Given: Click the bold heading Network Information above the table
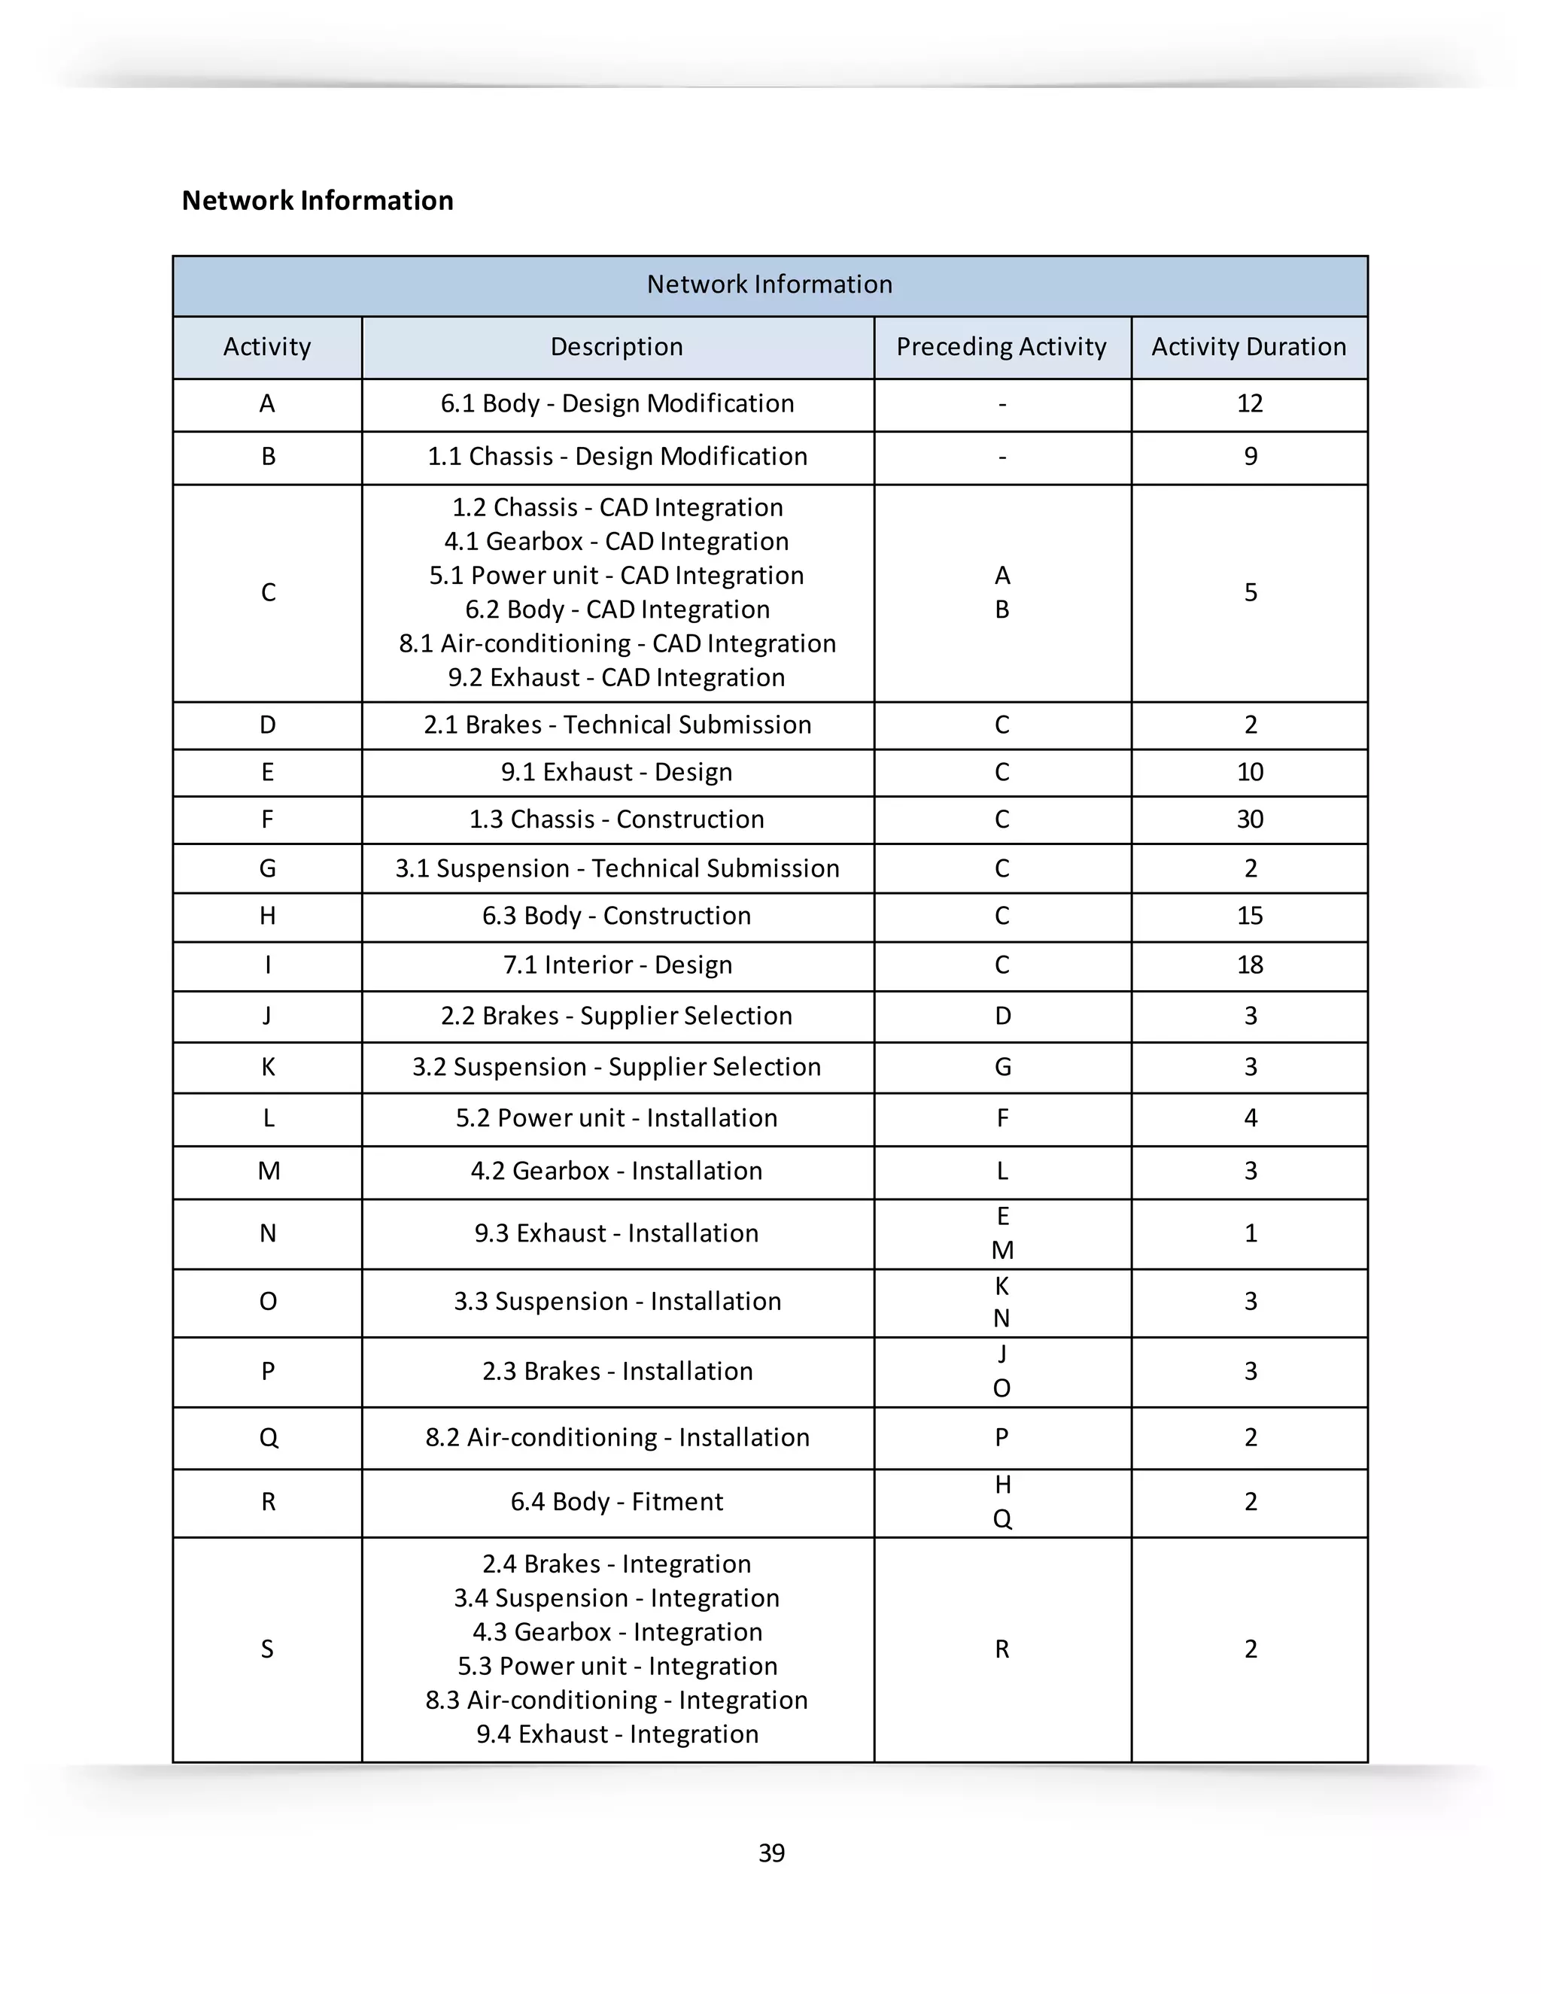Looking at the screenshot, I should pyautogui.click(x=317, y=200).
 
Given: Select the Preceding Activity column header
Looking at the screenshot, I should pyautogui.click(x=1001, y=347).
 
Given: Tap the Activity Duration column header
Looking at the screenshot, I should pyautogui.click(x=1248, y=347).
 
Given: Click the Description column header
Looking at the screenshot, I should pyautogui.click(x=616, y=347).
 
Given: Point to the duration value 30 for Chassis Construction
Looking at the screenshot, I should pyautogui.click(x=1249, y=819).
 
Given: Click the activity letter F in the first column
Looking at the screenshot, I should pyautogui.click(x=267, y=819).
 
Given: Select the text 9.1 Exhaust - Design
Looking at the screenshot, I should pyautogui.click(x=616, y=773).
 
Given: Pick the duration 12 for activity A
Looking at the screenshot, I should pyautogui.click(x=1249, y=403).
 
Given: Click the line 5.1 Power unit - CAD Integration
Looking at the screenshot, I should pyautogui.click(x=616, y=575).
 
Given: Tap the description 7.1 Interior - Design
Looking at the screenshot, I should pyautogui.click(x=617, y=965).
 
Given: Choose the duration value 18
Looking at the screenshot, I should pyautogui.click(x=1249, y=965).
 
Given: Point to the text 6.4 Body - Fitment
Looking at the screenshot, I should pyautogui.click(x=616, y=1502).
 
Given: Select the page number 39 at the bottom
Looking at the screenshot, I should pyautogui.click(x=771, y=1853).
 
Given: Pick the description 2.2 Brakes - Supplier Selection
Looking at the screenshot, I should pyautogui.click(x=616, y=1016).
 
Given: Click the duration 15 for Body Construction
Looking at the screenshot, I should pyautogui.click(x=1249, y=916).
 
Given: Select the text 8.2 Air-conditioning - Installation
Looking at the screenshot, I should pyautogui.click(x=617, y=1437).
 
